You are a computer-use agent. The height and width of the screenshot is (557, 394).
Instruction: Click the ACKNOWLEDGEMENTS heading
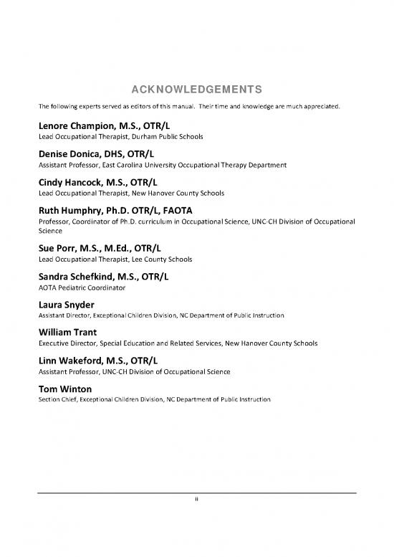[196, 90]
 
